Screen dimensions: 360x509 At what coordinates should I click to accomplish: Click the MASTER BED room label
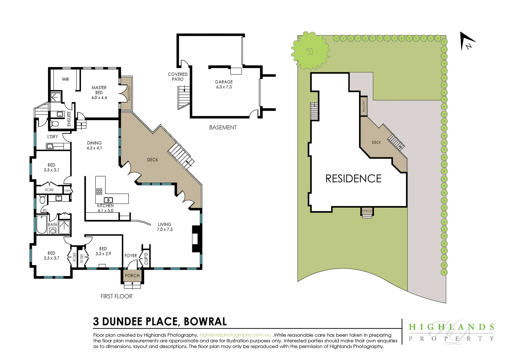click(x=99, y=92)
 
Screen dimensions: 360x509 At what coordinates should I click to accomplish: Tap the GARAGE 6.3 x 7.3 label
click(x=224, y=84)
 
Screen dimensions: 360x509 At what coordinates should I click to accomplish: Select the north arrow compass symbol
click(x=467, y=41)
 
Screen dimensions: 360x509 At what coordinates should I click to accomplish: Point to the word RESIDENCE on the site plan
click(x=353, y=179)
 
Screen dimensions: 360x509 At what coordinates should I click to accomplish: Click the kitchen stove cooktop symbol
click(x=99, y=191)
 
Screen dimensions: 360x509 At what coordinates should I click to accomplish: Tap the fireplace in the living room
click(x=197, y=239)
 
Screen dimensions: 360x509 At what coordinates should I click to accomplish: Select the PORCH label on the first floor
click(x=132, y=276)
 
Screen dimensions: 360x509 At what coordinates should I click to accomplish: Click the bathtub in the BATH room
click(x=42, y=224)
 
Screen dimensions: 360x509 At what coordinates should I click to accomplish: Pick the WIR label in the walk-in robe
click(x=65, y=79)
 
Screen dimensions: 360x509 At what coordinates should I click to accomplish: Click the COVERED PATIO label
click(x=178, y=77)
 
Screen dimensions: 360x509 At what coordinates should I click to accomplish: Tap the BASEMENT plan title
click(x=223, y=128)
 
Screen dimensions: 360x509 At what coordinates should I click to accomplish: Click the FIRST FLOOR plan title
click(x=116, y=296)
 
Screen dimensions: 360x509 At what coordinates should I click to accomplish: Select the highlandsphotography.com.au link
click(x=235, y=335)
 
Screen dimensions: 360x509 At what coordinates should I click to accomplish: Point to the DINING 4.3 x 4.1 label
click(x=94, y=145)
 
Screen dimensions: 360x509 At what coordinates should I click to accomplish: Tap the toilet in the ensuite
click(x=55, y=124)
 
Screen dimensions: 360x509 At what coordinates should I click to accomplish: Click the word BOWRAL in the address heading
click(x=205, y=322)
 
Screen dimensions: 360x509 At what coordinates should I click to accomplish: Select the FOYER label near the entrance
click(x=131, y=256)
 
